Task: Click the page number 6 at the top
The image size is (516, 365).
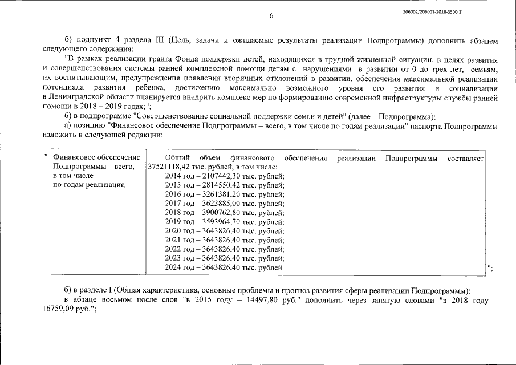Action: (271, 15)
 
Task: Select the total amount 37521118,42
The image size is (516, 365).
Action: (168, 167)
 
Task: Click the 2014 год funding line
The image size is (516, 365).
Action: (225, 176)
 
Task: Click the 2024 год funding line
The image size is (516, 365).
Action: (224, 267)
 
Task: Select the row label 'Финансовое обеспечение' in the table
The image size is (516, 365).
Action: (96, 157)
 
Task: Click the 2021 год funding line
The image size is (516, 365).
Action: (225, 240)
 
